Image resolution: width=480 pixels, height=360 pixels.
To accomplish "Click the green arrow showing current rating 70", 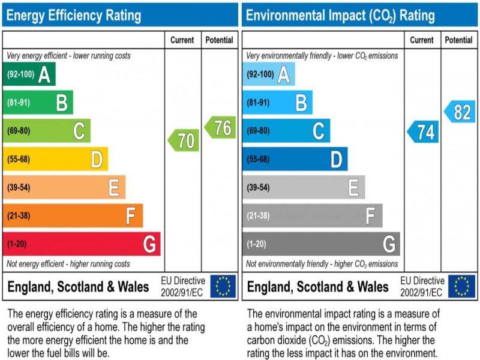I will tap(184, 140).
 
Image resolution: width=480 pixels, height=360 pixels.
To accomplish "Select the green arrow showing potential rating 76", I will tap(220, 127).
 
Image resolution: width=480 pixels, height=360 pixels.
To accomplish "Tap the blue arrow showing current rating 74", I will tap(424, 132).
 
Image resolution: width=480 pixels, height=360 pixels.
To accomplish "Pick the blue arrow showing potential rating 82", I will tap(460, 112).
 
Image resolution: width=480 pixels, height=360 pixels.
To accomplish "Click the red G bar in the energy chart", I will tap(82, 244).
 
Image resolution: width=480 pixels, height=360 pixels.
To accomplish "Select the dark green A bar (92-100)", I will tap(29, 74).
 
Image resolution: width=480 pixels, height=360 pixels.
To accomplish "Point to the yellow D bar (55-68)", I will tap(55, 160).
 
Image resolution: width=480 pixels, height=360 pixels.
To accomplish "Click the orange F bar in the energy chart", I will tap(73, 215).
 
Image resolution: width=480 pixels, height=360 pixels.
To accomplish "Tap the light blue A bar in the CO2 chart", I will tap(268, 74).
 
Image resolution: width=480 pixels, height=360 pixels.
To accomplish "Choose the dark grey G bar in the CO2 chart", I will tap(321, 244).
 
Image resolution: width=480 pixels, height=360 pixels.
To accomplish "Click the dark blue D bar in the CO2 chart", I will tap(295, 160).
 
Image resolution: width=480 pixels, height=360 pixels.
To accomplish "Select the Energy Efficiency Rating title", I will tap(74, 15).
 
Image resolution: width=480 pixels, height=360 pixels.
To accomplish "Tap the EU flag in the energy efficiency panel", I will tap(223, 286).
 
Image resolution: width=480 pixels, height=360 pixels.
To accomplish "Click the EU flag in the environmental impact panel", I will tap(462, 286).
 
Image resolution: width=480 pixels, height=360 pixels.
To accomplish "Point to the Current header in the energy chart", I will tap(182, 40).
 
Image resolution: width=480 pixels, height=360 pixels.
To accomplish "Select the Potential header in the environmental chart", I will tap(458, 40).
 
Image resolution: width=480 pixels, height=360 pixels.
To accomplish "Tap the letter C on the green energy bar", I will tap(79, 131).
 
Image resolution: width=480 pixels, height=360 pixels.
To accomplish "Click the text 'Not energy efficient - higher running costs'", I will tap(68, 264).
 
